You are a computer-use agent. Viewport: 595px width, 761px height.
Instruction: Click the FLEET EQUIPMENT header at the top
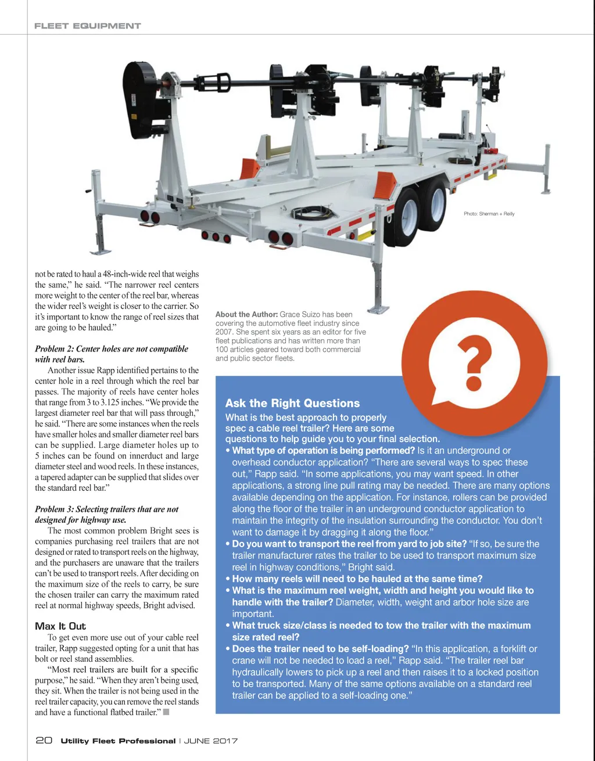click(87, 26)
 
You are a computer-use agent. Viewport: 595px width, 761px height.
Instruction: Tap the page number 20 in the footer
click(44, 740)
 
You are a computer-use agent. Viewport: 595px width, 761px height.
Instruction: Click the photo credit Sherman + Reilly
click(489, 214)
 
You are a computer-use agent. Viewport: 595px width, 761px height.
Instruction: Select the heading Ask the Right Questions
click(292, 403)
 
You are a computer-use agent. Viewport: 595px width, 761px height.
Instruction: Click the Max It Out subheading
click(60, 626)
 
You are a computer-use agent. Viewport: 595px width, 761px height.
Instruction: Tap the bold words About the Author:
click(246, 314)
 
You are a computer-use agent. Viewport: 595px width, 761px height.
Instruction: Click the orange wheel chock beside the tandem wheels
click(385, 185)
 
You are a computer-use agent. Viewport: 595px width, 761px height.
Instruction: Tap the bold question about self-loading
click(320, 648)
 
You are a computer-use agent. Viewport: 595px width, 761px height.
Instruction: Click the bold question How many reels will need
click(357, 579)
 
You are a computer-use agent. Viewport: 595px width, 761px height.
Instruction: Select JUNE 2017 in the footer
click(211, 741)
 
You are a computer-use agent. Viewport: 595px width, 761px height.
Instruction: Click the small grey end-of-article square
click(166, 712)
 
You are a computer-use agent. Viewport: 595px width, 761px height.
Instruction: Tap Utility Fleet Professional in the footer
click(118, 741)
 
